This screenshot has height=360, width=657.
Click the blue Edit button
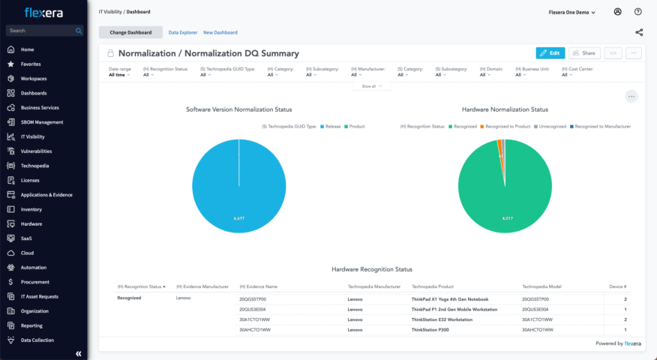550,53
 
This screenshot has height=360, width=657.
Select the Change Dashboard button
130,32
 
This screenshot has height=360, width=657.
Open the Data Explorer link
182,32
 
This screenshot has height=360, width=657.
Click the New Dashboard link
220,32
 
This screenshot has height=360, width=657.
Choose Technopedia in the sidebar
34,166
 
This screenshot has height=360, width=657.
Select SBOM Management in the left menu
41,122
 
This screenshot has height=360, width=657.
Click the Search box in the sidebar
41,31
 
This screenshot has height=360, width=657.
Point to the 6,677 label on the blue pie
239,218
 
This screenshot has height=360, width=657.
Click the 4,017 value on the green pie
506,218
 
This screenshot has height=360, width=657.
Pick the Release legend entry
332,126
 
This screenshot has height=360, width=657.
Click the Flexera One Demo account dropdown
572,12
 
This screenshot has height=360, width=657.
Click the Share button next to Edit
584,53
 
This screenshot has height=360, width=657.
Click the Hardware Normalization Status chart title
505,109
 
